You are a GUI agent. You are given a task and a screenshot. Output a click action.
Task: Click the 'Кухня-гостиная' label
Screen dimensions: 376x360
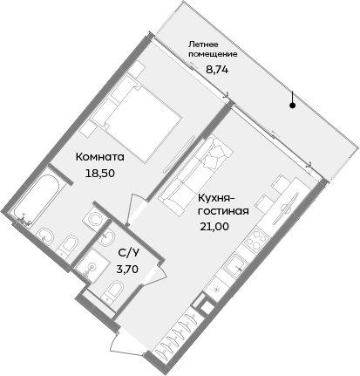click(224, 204)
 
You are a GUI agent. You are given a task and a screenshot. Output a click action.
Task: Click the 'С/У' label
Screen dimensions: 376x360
click(126, 253)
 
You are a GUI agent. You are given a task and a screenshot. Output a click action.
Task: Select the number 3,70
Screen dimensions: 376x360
click(127, 270)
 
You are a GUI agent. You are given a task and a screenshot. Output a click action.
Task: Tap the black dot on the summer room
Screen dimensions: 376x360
click(293, 106)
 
